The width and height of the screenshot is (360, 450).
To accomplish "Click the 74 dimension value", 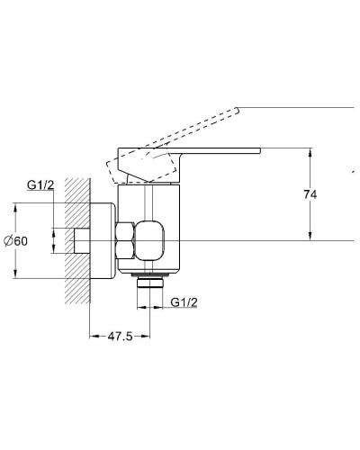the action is tap(310, 194).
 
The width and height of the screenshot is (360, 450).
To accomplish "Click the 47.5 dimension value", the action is tap(120, 337).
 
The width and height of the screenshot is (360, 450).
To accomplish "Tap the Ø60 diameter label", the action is tap(15, 241).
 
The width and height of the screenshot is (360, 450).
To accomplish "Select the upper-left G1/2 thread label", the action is tap(40, 185).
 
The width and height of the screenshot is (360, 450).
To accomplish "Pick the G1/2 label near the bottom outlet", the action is tap(184, 302).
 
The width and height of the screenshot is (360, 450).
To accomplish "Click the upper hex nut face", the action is tap(125, 231).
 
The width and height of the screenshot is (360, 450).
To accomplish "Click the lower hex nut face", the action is tap(125, 250).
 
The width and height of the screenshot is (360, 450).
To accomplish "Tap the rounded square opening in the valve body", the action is tap(150, 240).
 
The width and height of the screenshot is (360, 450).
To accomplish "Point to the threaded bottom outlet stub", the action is tap(150, 283).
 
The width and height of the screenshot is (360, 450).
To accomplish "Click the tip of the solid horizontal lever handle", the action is tap(260, 151).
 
